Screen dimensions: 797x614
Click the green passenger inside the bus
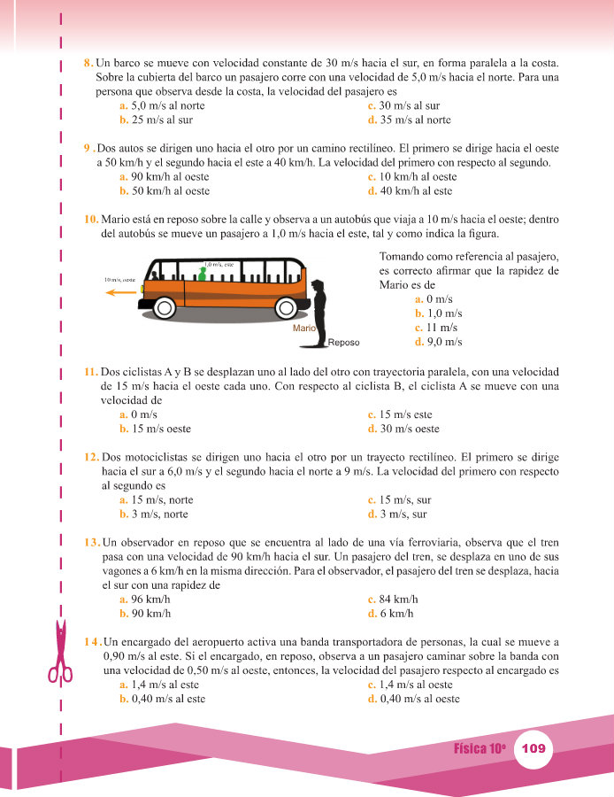click(202, 275)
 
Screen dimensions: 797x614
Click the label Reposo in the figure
click(344, 342)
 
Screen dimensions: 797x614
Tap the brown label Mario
click(304, 328)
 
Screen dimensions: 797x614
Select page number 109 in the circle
click(534, 748)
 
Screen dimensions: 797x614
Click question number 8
click(88, 64)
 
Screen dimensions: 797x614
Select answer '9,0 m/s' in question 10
click(440, 342)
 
